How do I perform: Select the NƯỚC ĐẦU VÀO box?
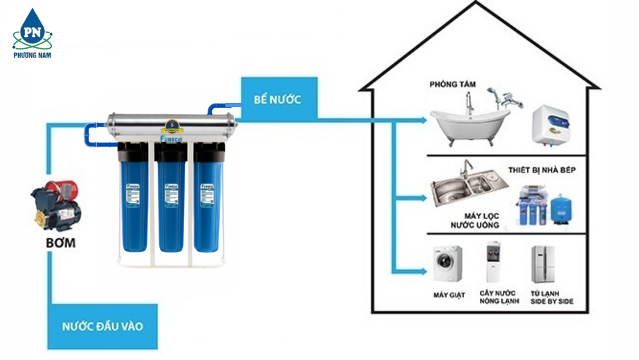pos(102,326)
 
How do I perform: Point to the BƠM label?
pos(60,241)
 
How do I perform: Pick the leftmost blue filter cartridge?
pos(133,200)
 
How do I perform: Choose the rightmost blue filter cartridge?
pos(207,200)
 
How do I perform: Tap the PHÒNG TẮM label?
pos(450,84)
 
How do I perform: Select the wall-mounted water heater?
pos(550,125)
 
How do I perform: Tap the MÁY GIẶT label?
pos(449,294)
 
